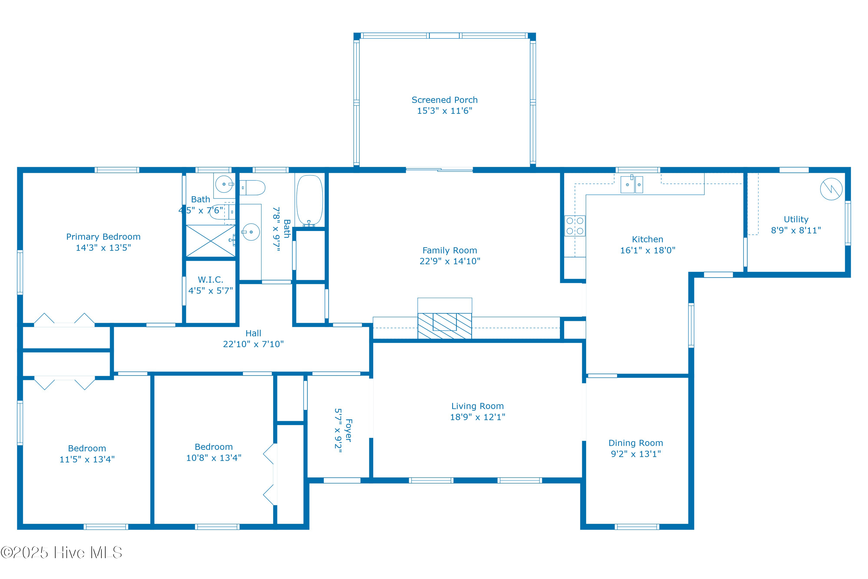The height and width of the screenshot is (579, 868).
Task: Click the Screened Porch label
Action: coord(444,100)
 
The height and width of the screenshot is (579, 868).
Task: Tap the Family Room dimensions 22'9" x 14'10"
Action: coord(450,261)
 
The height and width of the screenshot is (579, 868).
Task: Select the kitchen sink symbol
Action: coord(631,184)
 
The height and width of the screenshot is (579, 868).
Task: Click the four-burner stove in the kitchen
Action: coord(575,226)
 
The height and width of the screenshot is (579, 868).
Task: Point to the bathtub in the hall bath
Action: coord(310,200)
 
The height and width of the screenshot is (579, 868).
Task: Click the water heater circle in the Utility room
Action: coord(831,189)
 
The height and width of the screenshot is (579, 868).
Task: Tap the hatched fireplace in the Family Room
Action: coord(444,325)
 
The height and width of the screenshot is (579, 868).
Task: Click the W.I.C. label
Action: coord(210,280)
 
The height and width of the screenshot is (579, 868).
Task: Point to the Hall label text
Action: coord(253,333)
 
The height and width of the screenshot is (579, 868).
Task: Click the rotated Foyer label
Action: coord(348,430)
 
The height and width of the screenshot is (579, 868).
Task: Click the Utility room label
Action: coord(796,219)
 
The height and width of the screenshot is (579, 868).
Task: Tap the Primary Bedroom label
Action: coord(103,237)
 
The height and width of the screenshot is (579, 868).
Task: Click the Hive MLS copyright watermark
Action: coord(61,552)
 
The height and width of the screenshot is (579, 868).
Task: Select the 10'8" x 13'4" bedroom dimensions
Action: coord(214,458)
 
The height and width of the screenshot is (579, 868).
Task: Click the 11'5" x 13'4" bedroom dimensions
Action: coord(87,459)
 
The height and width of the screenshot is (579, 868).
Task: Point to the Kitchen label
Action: coord(647,239)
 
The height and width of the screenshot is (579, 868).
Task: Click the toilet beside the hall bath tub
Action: coord(253,188)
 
